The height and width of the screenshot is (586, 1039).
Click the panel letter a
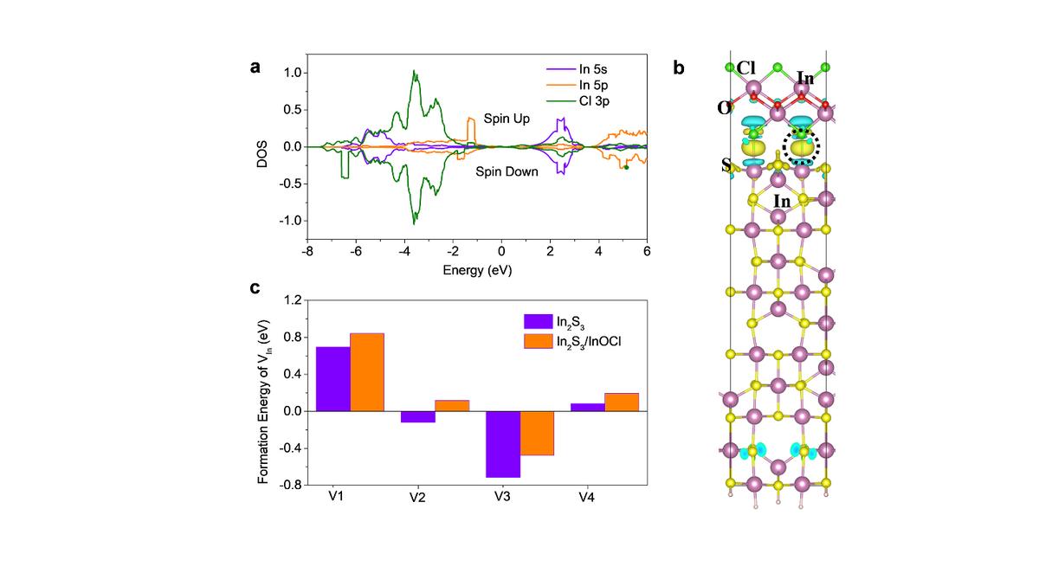[255, 68]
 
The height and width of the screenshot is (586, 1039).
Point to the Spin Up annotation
[506, 118]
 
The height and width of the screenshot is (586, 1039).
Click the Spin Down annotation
[507, 171]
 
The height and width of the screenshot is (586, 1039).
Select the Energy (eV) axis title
[477, 270]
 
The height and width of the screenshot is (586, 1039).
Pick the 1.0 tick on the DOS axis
[293, 73]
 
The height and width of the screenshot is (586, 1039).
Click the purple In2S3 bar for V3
[503, 444]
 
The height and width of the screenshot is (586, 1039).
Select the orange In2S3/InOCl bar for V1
[367, 372]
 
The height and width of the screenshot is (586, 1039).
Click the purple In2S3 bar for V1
[333, 379]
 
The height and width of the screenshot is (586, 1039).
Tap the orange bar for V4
[622, 402]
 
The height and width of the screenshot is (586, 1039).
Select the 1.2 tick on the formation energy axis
[291, 299]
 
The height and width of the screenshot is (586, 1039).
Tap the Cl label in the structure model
[747, 68]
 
